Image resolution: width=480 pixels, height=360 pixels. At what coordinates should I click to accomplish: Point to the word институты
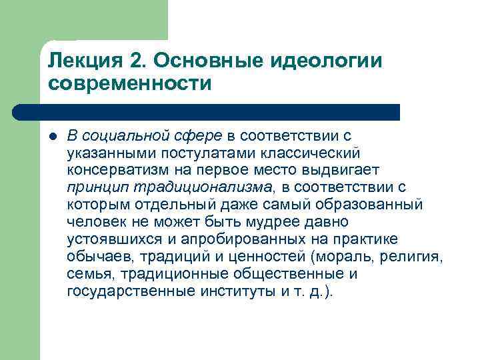click(x=239, y=290)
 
